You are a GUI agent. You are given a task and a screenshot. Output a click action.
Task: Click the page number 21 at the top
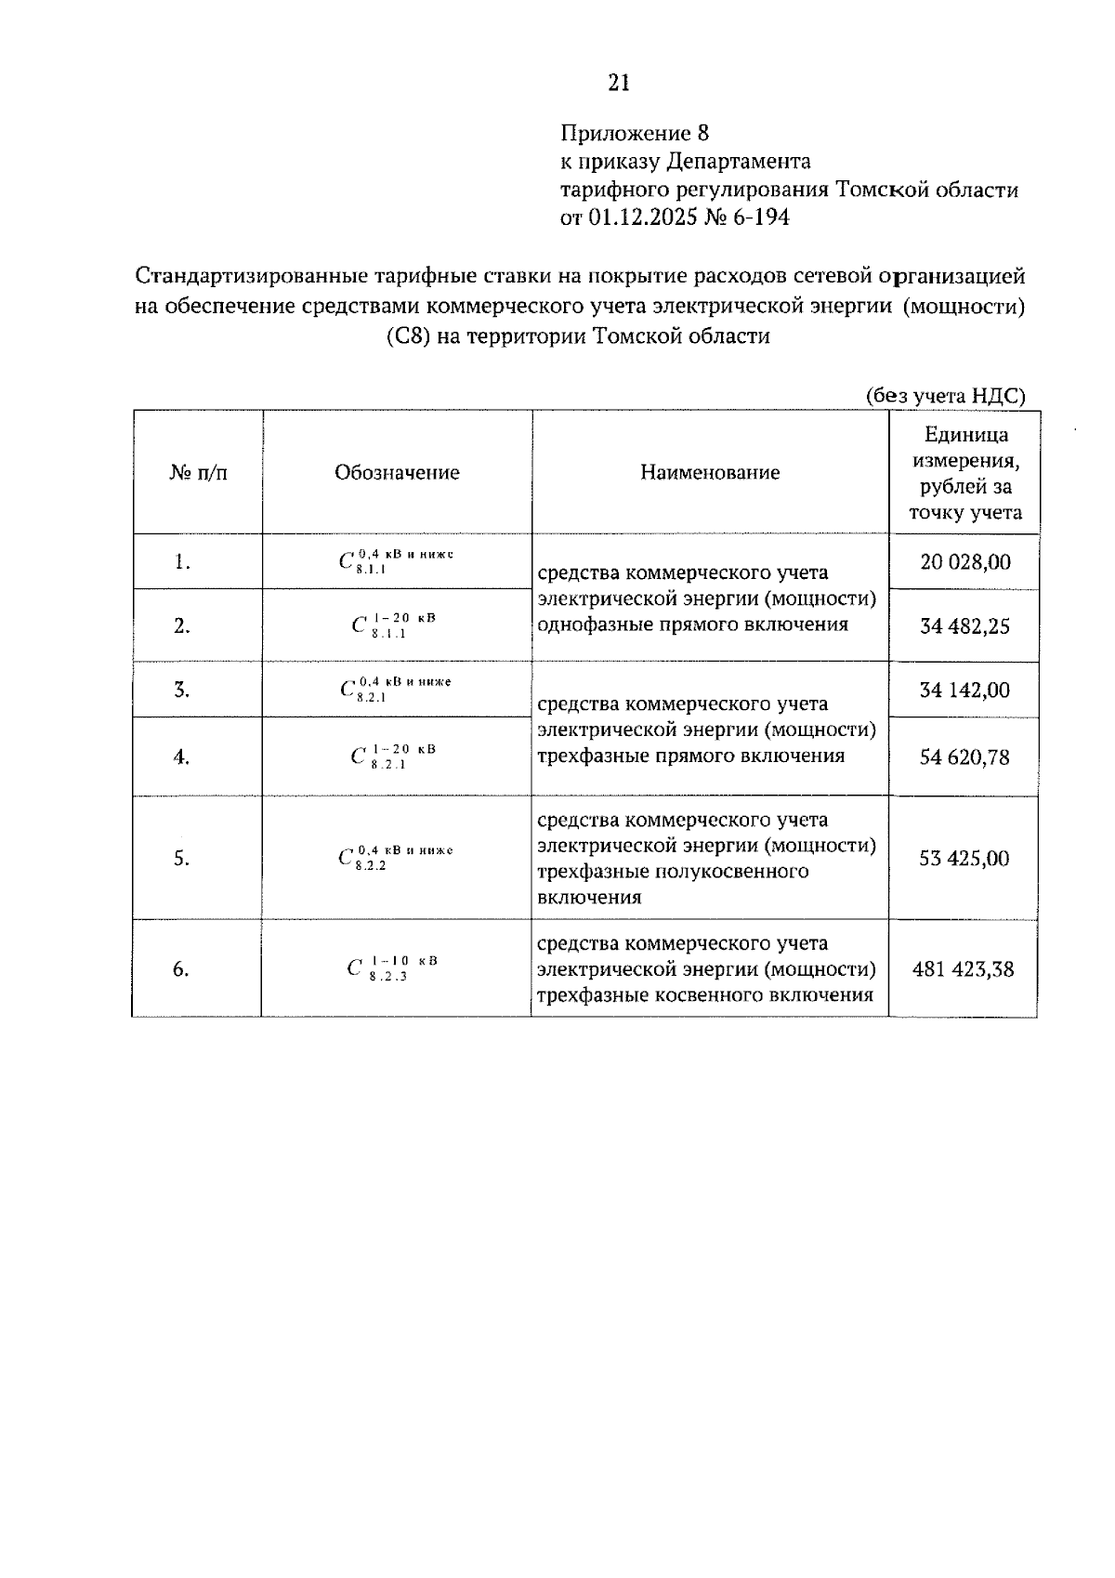[x=619, y=84]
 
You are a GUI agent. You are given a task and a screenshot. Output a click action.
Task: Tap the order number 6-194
[x=759, y=217]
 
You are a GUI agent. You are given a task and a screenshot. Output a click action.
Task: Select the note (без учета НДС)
[x=946, y=396]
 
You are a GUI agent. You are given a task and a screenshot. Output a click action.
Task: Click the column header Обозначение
[x=397, y=472]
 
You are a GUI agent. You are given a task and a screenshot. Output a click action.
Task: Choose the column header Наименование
[x=710, y=472]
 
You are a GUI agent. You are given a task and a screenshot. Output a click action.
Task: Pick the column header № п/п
[x=198, y=472]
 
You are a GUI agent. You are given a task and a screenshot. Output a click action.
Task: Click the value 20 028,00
[x=964, y=562]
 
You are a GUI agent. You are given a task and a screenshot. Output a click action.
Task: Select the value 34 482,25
[x=964, y=626]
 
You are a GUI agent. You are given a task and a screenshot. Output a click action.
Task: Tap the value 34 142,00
[x=964, y=690]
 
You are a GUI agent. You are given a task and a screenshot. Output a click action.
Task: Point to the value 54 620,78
[x=964, y=757]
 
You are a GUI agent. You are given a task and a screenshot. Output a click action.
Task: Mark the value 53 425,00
[x=964, y=859]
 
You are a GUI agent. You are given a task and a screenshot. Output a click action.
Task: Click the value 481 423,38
[x=963, y=969]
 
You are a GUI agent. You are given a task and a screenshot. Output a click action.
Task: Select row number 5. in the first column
[x=181, y=859]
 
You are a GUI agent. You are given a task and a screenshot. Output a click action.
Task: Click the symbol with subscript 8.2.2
[x=396, y=857]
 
